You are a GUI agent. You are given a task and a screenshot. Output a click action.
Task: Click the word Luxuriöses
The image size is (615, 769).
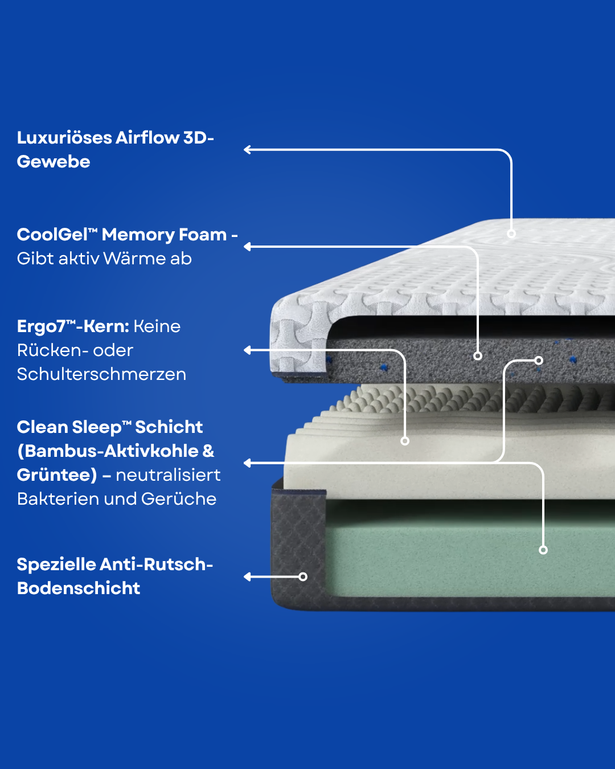coord(64,138)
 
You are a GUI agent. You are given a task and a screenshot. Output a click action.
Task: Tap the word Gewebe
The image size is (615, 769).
coord(54,162)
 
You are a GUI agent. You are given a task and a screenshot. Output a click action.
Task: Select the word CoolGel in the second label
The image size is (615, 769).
coord(57,235)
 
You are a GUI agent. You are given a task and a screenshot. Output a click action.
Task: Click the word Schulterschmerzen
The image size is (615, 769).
coord(101,374)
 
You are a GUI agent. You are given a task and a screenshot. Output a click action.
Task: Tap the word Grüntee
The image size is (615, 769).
coord(57,475)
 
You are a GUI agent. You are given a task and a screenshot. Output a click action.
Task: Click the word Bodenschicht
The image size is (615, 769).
coord(79,588)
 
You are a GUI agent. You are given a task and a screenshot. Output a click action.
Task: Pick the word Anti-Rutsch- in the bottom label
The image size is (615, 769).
coord(157,565)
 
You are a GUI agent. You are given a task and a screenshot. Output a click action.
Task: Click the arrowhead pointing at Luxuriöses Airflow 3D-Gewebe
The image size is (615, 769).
coord(247,150)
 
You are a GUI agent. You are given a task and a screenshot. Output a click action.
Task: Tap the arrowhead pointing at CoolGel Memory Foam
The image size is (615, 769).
coord(247,247)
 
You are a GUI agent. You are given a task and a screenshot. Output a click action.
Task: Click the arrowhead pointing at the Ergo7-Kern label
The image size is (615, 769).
coord(247,350)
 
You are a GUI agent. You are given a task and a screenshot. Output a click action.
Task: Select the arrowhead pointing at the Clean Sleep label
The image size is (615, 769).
coord(247,463)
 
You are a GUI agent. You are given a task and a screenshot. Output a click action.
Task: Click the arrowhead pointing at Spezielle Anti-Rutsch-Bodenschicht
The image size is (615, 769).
coord(247,576)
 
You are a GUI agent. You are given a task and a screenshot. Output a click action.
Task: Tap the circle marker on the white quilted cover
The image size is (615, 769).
coord(511,234)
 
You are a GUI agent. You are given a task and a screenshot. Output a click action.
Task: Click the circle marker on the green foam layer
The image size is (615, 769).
coord(543,550)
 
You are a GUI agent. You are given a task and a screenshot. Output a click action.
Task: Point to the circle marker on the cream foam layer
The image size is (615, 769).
coord(405,441)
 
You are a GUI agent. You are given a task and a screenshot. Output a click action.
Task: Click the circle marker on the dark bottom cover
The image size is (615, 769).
coord(303,576)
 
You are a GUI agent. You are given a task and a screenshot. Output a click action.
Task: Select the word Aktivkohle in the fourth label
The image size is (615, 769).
coord(151,451)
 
